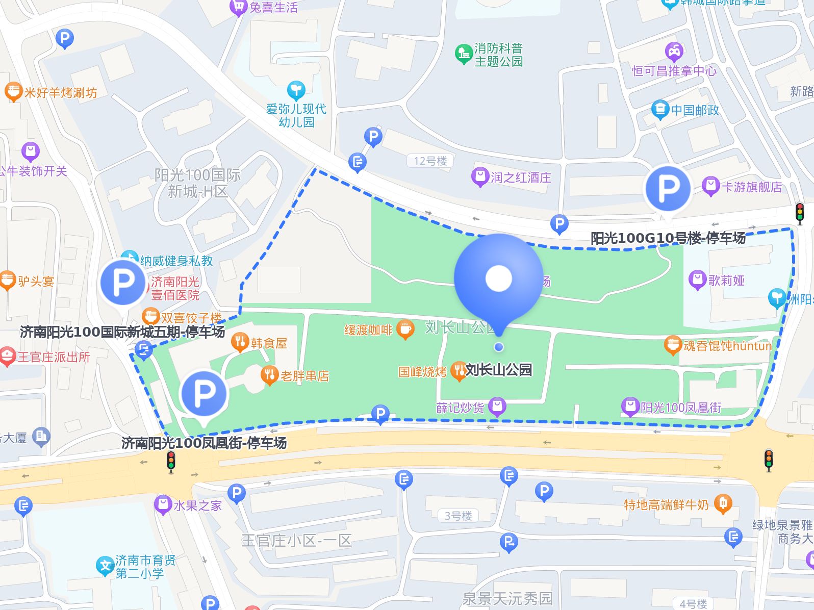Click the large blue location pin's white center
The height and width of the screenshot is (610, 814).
(498, 278)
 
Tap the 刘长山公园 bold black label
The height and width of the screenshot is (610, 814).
(498, 369)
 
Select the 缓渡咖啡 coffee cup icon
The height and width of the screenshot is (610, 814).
(405, 329)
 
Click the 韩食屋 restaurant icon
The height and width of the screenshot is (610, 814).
(240, 342)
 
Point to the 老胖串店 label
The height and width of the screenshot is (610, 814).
(304, 376)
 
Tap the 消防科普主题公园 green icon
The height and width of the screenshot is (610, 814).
(463, 54)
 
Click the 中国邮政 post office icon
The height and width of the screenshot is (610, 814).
(659, 109)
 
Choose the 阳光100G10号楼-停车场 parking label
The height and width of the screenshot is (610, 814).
(668, 238)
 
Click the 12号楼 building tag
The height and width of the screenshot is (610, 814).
(430, 161)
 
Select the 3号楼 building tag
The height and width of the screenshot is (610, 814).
(457, 516)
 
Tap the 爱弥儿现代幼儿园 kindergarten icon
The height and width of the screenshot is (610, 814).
(296, 90)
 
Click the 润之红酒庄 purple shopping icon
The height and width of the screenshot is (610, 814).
(479, 177)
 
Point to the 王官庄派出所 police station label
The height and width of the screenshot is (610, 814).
(54, 357)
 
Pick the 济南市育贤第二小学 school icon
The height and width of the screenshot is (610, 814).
(105, 566)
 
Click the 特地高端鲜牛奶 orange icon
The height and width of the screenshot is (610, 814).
(722, 503)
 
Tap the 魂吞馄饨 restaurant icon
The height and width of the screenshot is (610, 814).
(673, 345)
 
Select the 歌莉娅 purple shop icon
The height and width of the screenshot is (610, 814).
(697, 279)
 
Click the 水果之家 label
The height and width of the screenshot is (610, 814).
(197, 505)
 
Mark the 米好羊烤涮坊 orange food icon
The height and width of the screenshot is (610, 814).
(13, 92)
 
